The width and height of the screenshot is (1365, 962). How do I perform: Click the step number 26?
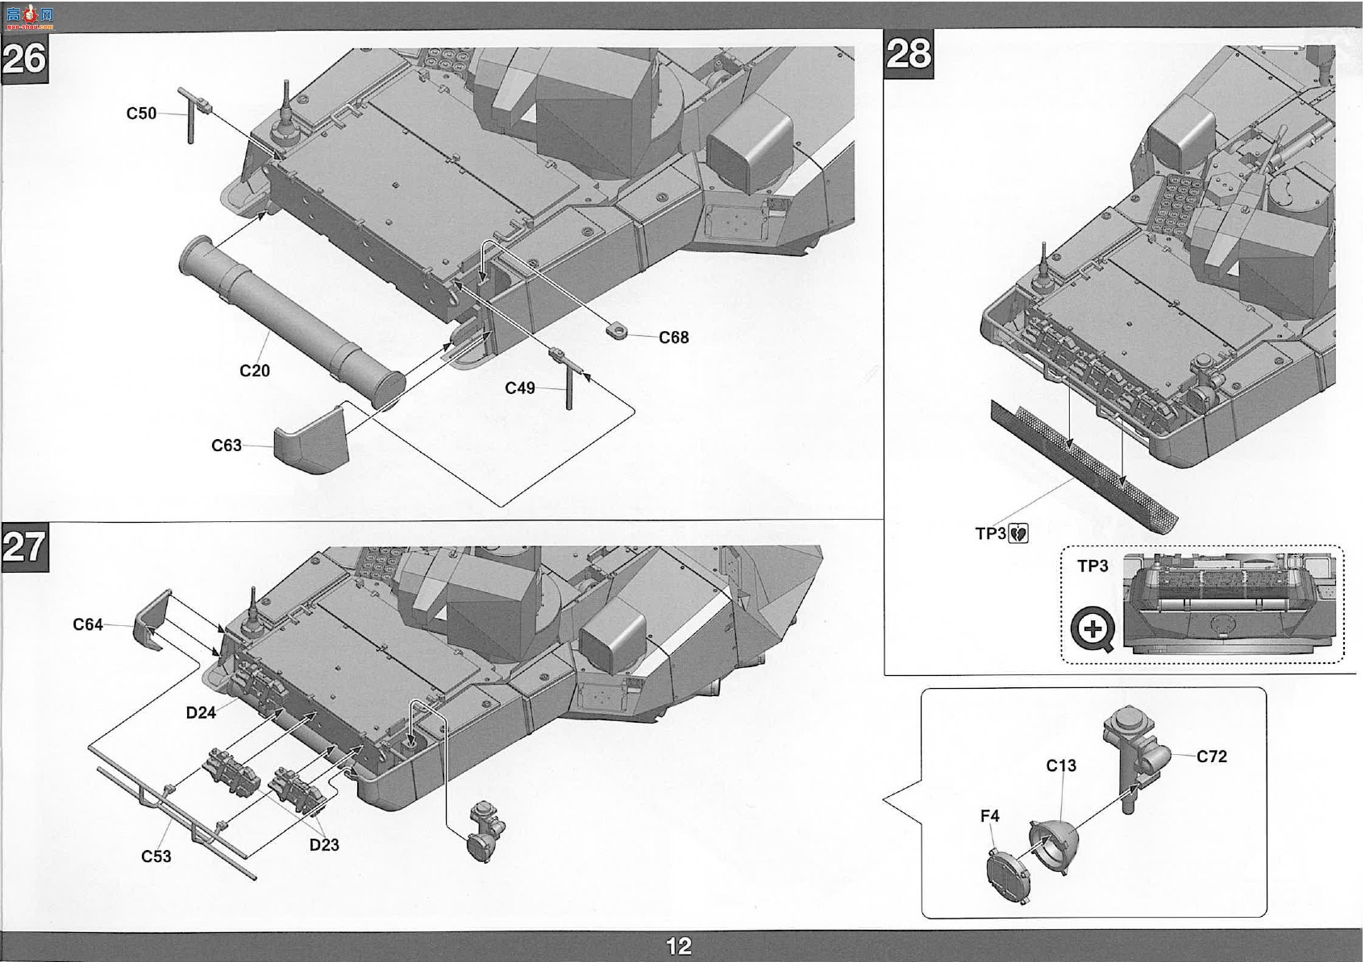(x=24, y=59)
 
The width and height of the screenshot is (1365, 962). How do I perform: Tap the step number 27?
(x=24, y=547)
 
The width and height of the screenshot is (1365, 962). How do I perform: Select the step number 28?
(x=909, y=54)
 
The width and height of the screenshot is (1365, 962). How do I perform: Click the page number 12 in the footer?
(x=679, y=946)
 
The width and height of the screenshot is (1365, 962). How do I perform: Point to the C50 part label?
(x=141, y=114)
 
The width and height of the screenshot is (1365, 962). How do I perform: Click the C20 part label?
(x=255, y=371)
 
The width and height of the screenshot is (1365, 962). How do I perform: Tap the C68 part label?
(x=674, y=338)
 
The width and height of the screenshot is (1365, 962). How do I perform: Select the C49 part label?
(x=520, y=388)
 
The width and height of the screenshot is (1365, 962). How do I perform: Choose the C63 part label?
(x=226, y=446)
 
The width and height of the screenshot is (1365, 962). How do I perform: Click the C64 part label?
(x=88, y=624)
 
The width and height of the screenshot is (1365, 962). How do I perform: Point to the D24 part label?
(x=201, y=712)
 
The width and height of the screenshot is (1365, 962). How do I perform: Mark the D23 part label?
(x=324, y=845)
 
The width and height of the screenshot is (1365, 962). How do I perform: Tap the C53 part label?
(x=156, y=856)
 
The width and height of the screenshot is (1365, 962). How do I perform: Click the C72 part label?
(x=1212, y=757)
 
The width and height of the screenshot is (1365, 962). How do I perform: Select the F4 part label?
(x=989, y=816)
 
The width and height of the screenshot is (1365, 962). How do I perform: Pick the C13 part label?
(x=1061, y=766)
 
